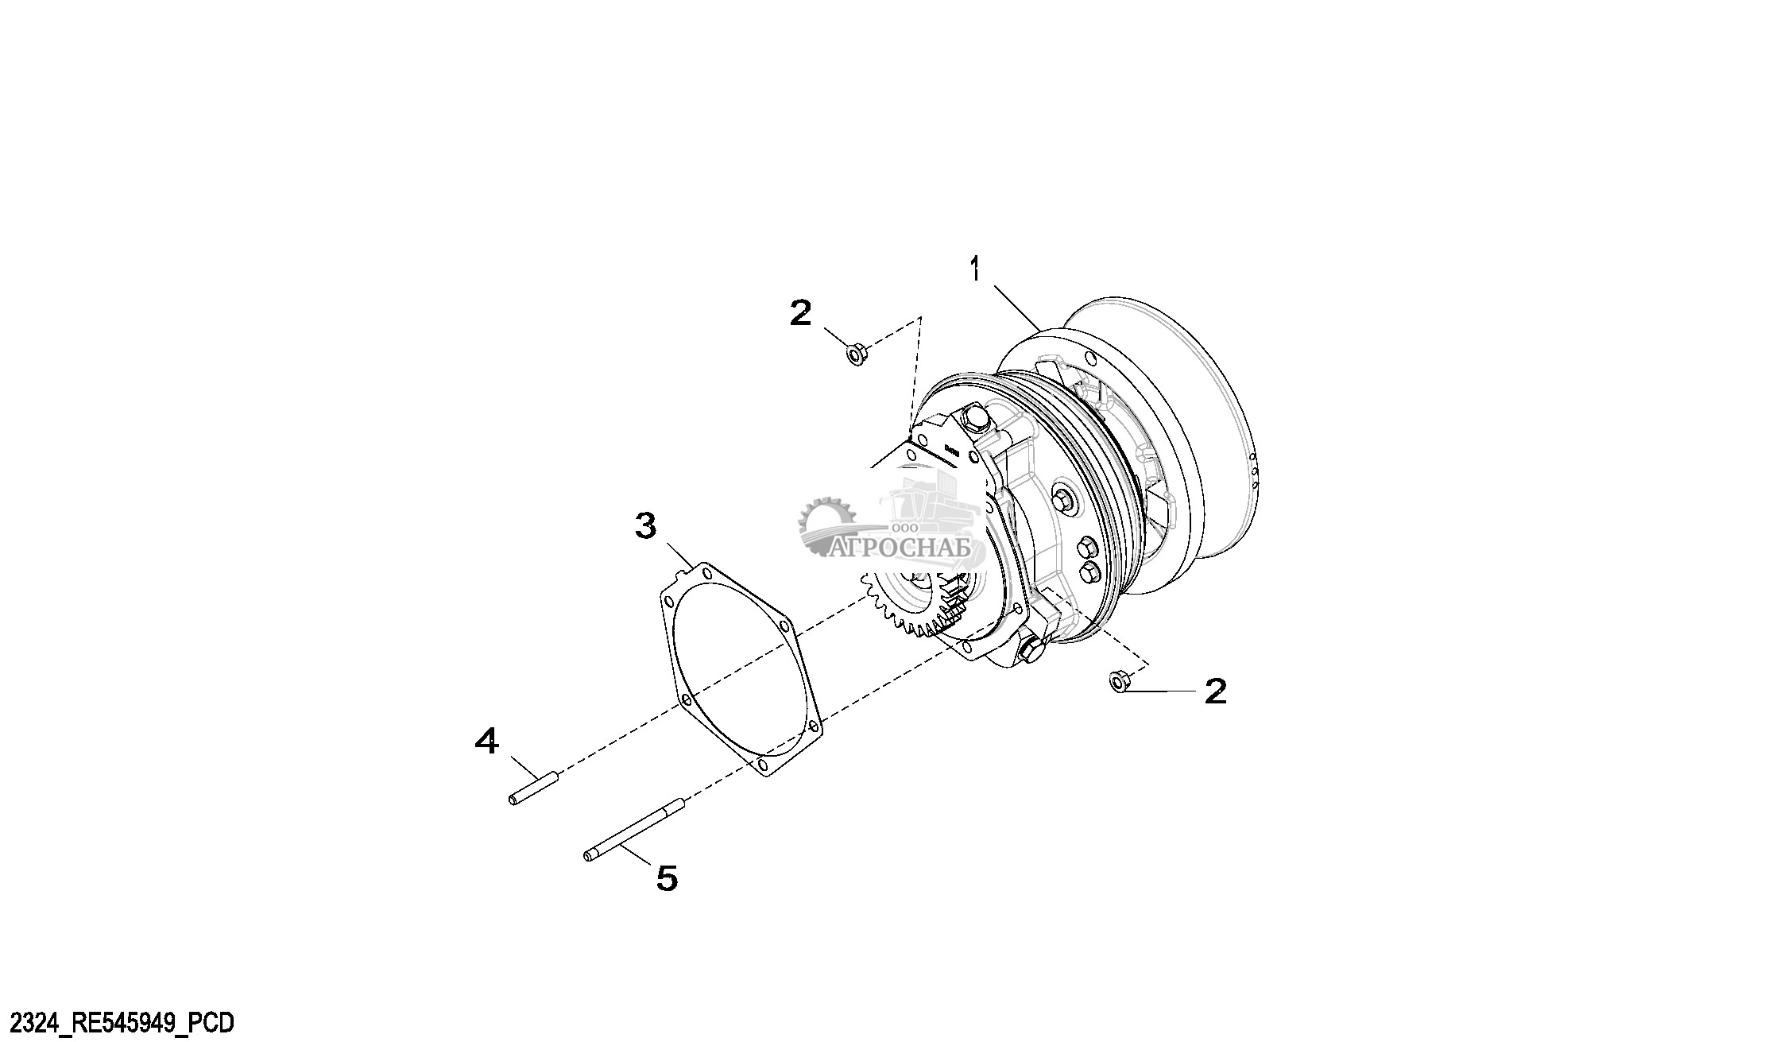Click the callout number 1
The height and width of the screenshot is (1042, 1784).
tap(974, 270)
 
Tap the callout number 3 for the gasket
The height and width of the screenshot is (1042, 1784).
tap(645, 525)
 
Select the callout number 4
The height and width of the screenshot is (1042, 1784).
tap(486, 742)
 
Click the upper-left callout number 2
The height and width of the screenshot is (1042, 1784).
tap(800, 312)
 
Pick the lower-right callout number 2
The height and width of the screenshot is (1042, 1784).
tap(1215, 691)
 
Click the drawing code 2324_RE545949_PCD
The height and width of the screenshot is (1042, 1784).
tap(117, 1022)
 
